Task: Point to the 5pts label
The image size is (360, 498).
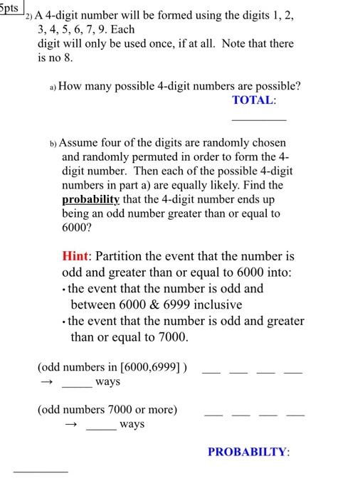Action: click(x=11, y=6)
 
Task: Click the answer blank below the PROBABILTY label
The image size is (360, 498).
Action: click(x=41, y=472)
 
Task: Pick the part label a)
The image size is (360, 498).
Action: click(x=53, y=87)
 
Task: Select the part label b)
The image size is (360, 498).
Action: click(x=53, y=143)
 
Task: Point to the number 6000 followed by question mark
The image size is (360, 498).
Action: click(x=78, y=227)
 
